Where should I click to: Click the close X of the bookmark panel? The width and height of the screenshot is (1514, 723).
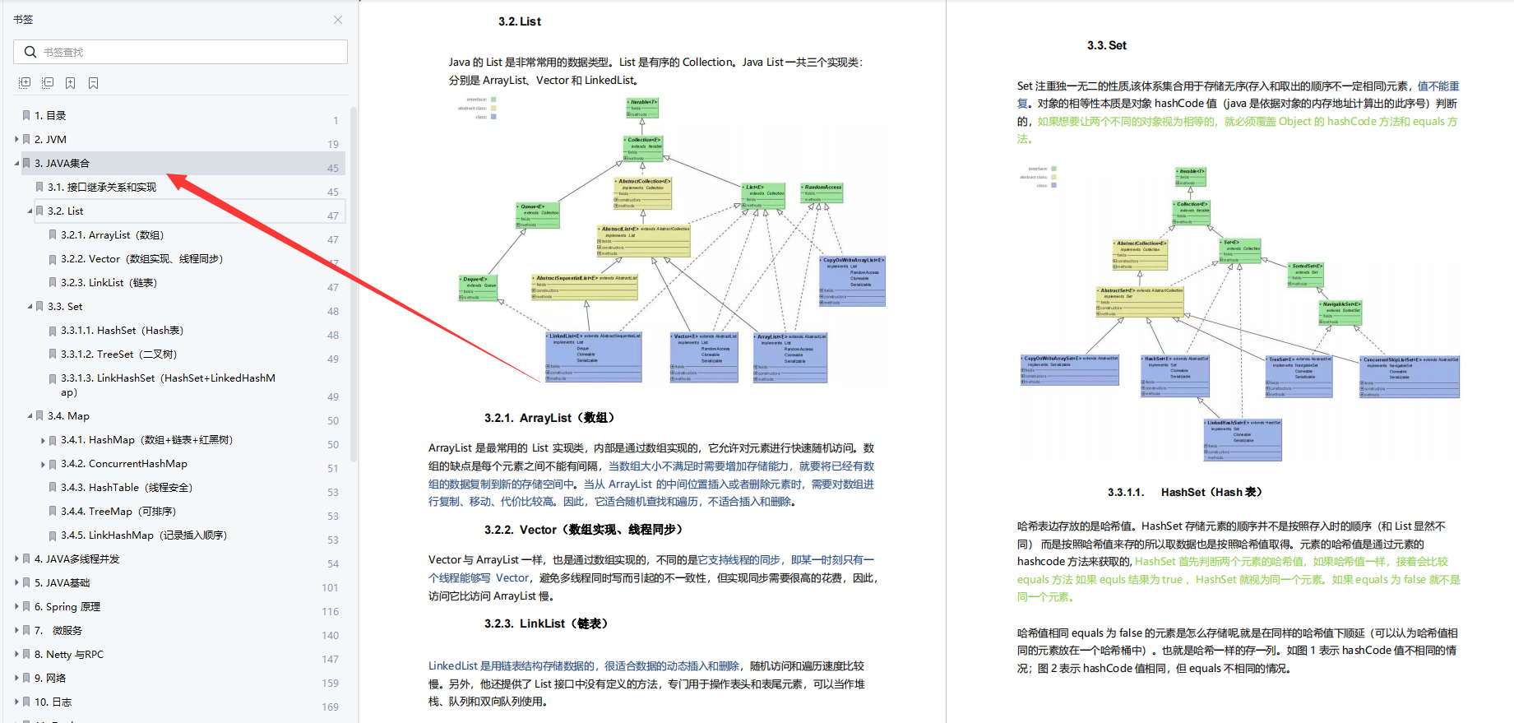pyautogui.click(x=338, y=20)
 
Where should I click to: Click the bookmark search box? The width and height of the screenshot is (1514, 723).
pyautogui.click(x=181, y=52)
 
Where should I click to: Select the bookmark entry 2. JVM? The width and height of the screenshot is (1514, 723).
pyautogui.click(x=50, y=139)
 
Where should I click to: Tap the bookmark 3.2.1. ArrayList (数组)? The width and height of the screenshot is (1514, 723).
pyautogui.click(x=112, y=234)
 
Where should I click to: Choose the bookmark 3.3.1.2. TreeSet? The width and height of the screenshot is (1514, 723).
pyautogui.click(x=118, y=354)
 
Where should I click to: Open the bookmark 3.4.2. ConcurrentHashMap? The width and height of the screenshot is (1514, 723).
pyautogui.click(x=123, y=463)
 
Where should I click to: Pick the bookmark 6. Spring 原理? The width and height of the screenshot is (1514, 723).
pyautogui.click(x=67, y=606)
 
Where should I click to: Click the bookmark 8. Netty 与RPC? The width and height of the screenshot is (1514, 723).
pyautogui.click(x=68, y=654)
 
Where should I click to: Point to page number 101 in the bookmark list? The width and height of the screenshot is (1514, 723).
pyautogui.click(x=330, y=587)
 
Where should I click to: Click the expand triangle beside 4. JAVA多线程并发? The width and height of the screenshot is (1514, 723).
pyautogui.click(x=16, y=558)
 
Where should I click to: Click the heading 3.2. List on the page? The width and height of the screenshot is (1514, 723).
pyautogui.click(x=519, y=21)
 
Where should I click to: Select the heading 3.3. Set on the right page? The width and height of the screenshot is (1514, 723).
pyautogui.click(x=1106, y=45)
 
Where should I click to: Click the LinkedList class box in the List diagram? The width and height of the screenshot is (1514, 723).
pyautogui.click(x=593, y=356)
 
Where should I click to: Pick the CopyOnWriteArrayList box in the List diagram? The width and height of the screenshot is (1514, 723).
pyautogui.click(x=852, y=280)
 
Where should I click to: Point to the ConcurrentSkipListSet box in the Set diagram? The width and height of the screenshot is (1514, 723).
pyautogui.click(x=1409, y=377)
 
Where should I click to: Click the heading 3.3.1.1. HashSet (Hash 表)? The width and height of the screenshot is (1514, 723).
pyautogui.click(x=1184, y=492)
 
